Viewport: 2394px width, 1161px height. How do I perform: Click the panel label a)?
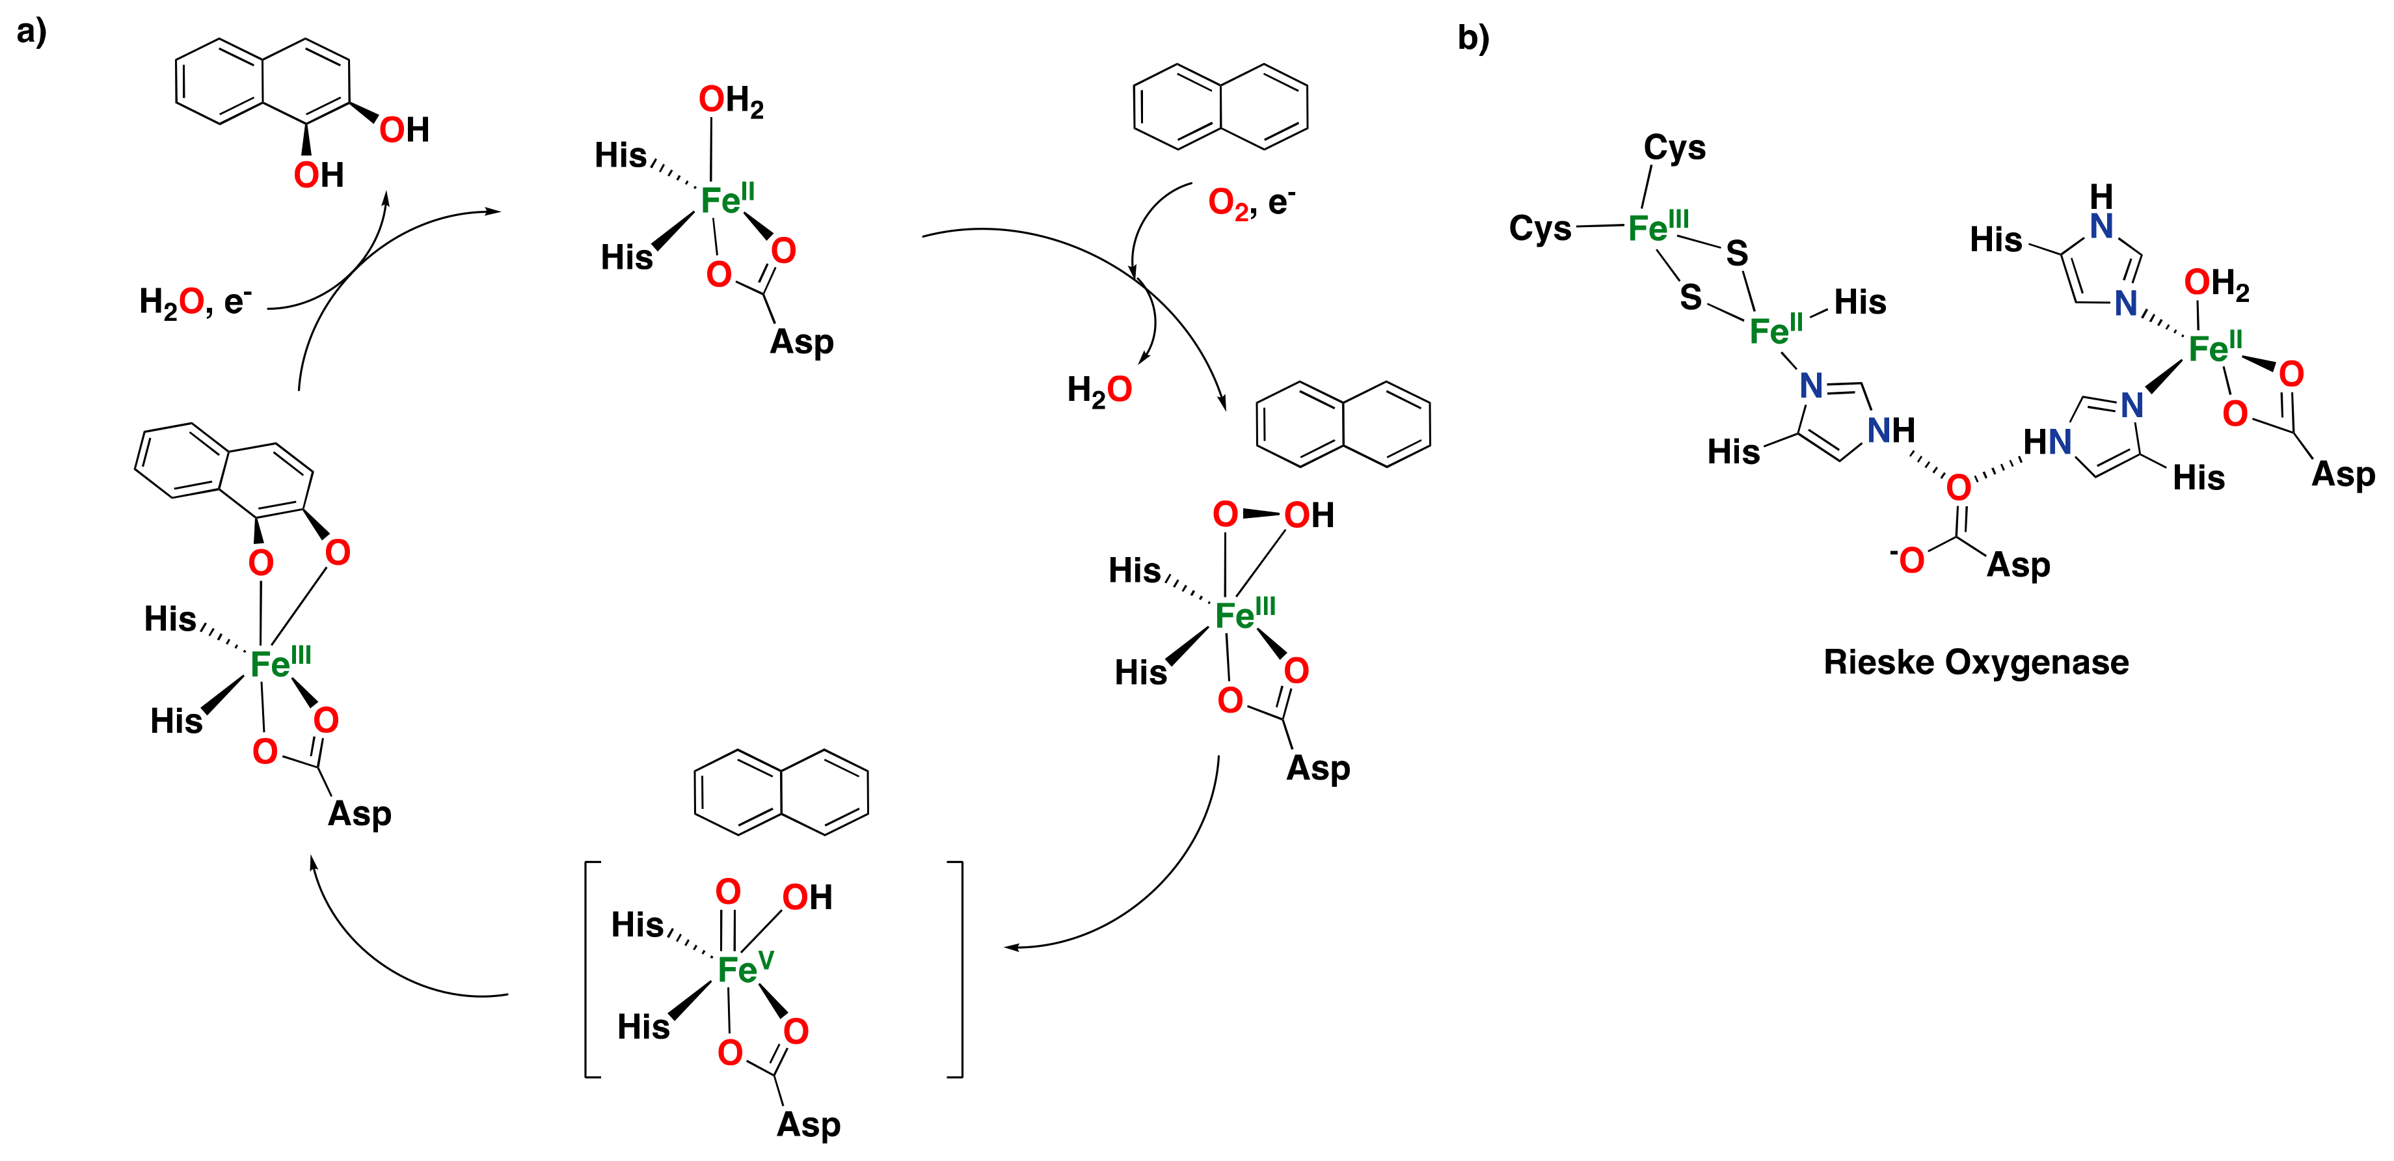(32, 32)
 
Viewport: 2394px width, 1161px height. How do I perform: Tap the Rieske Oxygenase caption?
(1976, 662)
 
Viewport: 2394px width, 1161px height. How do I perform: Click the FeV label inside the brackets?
(744, 970)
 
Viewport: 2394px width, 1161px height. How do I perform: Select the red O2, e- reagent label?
(1250, 202)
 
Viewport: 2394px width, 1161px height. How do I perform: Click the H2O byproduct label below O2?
(1099, 389)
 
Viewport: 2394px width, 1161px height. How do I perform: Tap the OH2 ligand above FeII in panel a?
(731, 100)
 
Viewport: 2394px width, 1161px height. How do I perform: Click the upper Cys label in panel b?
(1674, 148)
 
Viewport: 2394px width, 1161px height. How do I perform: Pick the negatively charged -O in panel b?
(1907, 560)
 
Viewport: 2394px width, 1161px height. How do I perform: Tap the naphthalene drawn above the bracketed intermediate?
(781, 792)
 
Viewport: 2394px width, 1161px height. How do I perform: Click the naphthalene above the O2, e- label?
(1220, 106)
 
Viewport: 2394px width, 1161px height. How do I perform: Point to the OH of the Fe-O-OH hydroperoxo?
(1308, 515)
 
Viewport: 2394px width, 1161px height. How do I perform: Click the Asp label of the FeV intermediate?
(809, 1125)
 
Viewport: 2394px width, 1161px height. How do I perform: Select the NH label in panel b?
(1891, 430)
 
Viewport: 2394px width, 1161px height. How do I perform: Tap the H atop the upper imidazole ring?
(2101, 196)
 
